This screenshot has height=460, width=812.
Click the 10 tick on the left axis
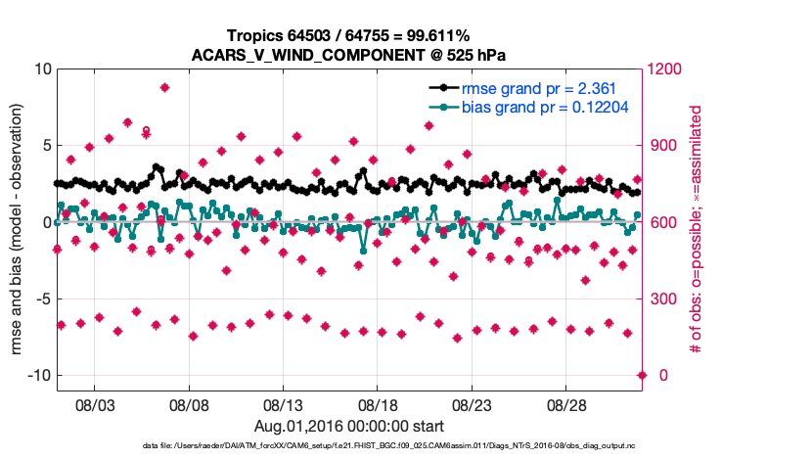click(41, 69)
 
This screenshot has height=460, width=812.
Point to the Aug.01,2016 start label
click(348, 426)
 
